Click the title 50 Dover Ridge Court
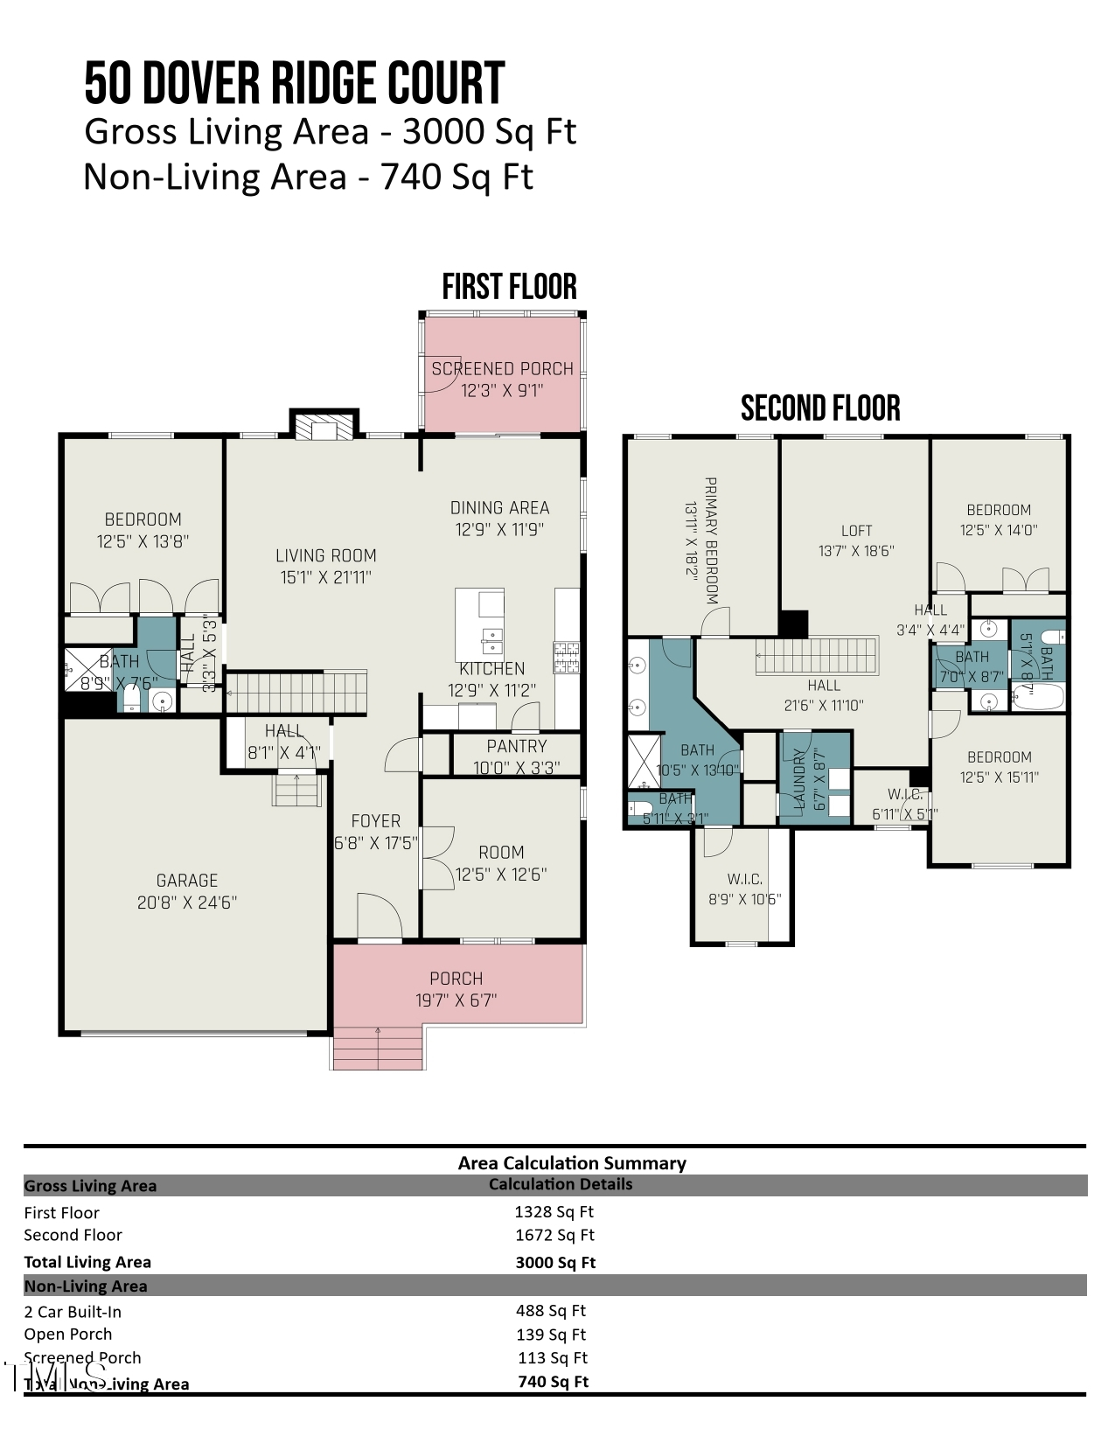(x=294, y=84)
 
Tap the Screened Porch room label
(x=502, y=369)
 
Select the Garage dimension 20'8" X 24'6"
(x=187, y=903)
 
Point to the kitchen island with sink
(x=479, y=624)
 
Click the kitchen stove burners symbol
(x=566, y=658)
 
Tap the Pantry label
(x=516, y=746)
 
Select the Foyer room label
(x=376, y=821)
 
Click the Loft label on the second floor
(x=856, y=531)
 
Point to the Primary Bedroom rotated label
(x=711, y=540)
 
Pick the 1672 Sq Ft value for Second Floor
(x=554, y=1235)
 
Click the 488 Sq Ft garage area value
(x=551, y=1311)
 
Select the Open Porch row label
(x=68, y=1335)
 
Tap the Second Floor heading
(x=820, y=408)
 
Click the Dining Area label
(x=499, y=508)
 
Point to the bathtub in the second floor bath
(x=1037, y=698)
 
